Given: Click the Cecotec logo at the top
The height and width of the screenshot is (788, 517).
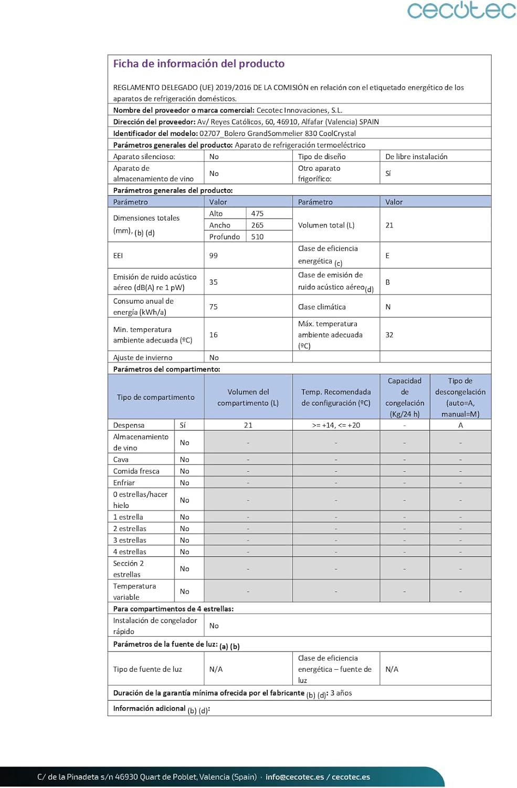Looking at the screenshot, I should [x=461, y=11].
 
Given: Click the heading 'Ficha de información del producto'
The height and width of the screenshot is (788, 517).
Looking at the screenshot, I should [x=199, y=64].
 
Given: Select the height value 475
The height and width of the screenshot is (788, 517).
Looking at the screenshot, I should [x=257, y=214].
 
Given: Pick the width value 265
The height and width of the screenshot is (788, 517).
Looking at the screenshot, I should [x=257, y=225].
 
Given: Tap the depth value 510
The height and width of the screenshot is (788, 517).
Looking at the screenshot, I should [x=257, y=237].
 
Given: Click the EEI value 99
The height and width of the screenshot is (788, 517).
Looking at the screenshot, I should [x=214, y=256].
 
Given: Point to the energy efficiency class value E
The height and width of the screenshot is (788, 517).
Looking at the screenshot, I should [x=387, y=256].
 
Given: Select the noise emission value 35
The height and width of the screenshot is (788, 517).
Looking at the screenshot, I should [x=214, y=282].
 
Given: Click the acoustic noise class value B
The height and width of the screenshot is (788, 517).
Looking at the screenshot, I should [x=387, y=282].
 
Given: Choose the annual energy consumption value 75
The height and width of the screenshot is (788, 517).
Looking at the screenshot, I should [x=214, y=307].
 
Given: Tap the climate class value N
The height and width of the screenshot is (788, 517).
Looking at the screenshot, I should [x=388, y=307].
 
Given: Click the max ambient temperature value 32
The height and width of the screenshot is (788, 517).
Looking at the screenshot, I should [x=389, y=335].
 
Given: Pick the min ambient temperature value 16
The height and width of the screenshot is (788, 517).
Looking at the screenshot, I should [x=214, y=335].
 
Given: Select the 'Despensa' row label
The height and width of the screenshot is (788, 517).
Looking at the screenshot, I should [x=129, y=426].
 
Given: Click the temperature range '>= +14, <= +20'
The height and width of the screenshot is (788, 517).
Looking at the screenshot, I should [x=336, y=426].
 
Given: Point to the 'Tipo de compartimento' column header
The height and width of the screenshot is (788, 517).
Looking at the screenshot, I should [x=155, y=397].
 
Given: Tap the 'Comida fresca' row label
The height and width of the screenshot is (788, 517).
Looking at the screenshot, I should [x=136, y=471].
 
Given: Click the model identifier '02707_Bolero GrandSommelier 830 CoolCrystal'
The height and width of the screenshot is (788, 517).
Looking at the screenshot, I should [x=278, y=133].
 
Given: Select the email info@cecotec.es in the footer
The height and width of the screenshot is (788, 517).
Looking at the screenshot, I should [x=294, y=777].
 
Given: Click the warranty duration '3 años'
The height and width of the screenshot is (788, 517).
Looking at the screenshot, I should [x=341, y=693].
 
